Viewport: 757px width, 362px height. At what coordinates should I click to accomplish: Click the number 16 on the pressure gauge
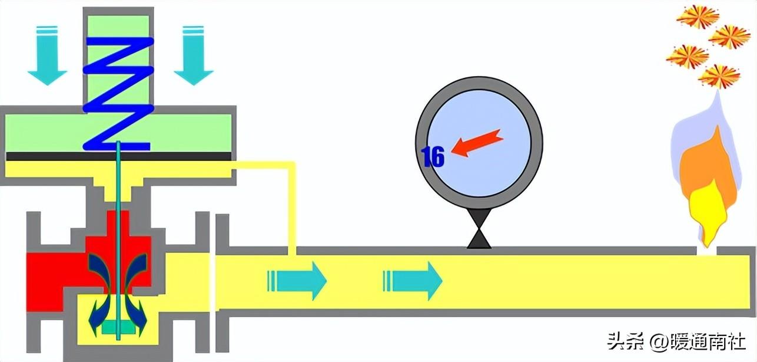(433, 157)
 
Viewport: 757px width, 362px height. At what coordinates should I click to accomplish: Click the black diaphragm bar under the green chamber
(118, 156)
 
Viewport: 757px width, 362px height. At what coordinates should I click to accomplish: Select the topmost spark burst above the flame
(698, 15)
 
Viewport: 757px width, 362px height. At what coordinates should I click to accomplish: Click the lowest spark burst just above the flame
(719, 76)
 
